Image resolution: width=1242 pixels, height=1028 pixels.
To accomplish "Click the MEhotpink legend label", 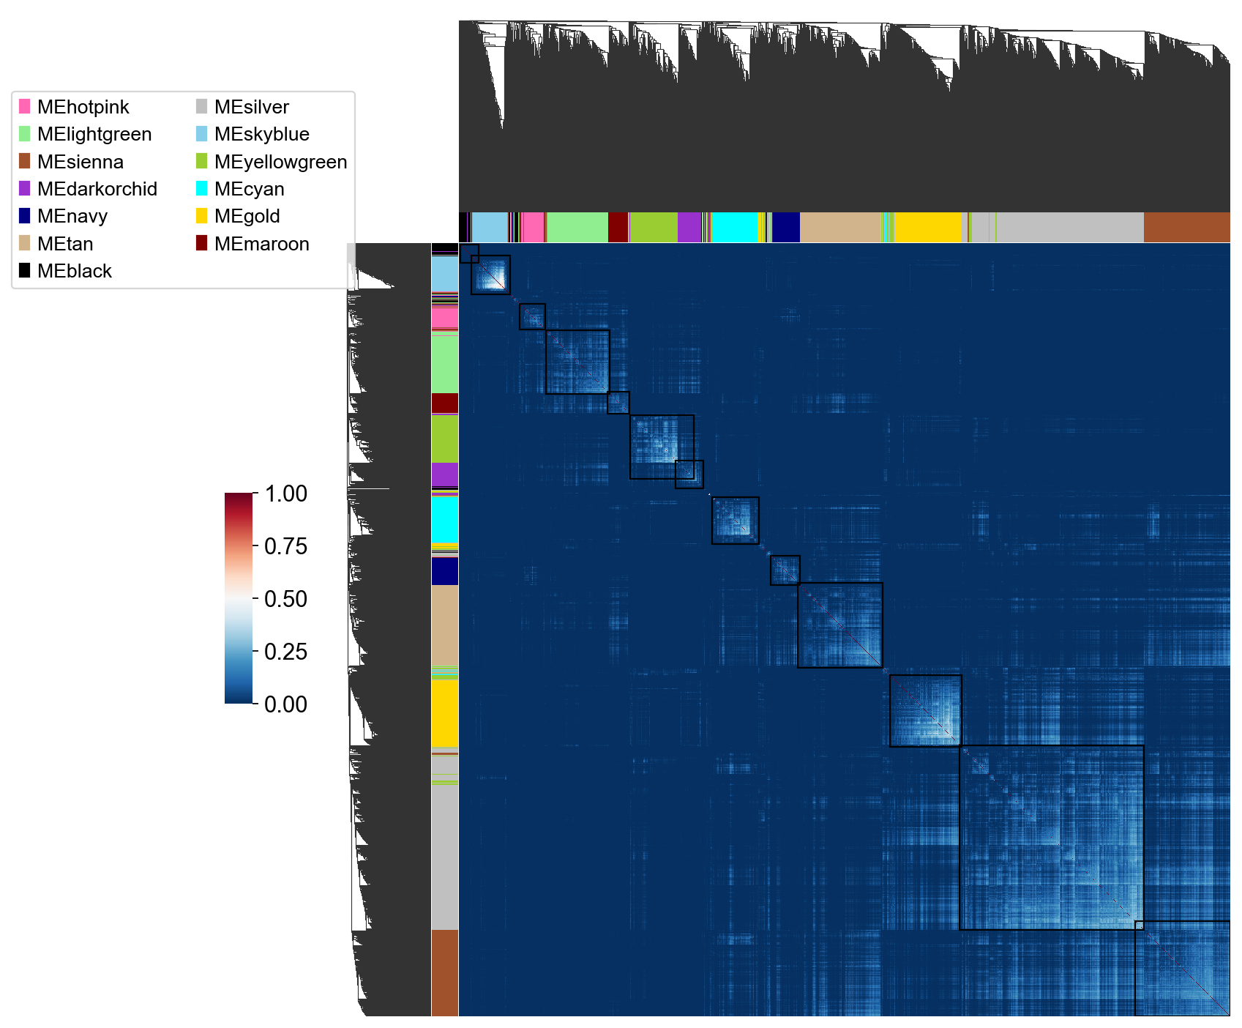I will tap(83, 107).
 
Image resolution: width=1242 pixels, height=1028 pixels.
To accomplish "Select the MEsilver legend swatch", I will tap(202, 107).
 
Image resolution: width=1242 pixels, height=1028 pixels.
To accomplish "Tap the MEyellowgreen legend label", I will tap(280, 162).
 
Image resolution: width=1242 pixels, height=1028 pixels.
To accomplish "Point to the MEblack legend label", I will tap(74, 271).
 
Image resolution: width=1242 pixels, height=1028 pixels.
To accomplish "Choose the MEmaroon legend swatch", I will tap(202, 243).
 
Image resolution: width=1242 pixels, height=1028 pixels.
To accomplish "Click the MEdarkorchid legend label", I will tap(97, 189).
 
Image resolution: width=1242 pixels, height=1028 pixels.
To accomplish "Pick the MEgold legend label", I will tap(247, 216).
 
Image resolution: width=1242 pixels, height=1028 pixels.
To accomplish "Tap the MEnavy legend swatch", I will tap(25, 216).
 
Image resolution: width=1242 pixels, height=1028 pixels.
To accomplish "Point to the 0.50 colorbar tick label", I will tap(285, 599).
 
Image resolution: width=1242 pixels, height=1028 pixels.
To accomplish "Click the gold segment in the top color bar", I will tap(928, 227).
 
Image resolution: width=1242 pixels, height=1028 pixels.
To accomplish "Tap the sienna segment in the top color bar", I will tap(1186, 227).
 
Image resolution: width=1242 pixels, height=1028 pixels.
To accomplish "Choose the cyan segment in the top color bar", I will tap(735, 227).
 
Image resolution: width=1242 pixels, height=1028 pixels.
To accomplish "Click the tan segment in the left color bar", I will tap(445, 625).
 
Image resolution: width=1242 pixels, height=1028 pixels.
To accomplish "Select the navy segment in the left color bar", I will tap(445, 571).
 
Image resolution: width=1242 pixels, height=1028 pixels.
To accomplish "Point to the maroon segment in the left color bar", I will tap(445, 403).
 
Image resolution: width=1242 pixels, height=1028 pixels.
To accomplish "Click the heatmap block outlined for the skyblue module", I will tap(490, 275).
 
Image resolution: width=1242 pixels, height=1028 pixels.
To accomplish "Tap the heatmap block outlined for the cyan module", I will tap(736, 520).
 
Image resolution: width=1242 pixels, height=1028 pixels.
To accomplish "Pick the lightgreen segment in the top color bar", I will tap(577, 227).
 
